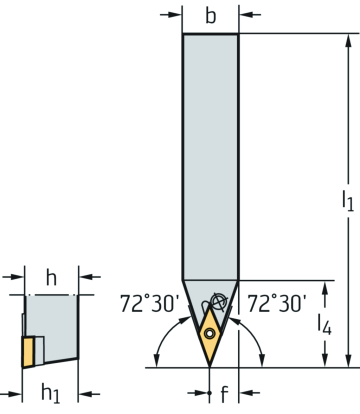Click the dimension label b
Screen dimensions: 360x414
tap(211, 16)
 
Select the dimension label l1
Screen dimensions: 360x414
tap(348, 200)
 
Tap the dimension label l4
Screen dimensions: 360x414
tap(324, 324)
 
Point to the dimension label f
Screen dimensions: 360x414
tap(224, 394)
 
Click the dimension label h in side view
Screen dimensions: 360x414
tap(51, 277)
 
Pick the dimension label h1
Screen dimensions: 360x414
tap(50, 393)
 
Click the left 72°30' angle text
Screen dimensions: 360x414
tap(150, 304)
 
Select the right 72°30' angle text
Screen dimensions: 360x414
tap(276, 304)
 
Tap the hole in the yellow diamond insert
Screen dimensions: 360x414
tap(210, 333)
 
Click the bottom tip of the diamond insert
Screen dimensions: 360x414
tap(210, 366)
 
